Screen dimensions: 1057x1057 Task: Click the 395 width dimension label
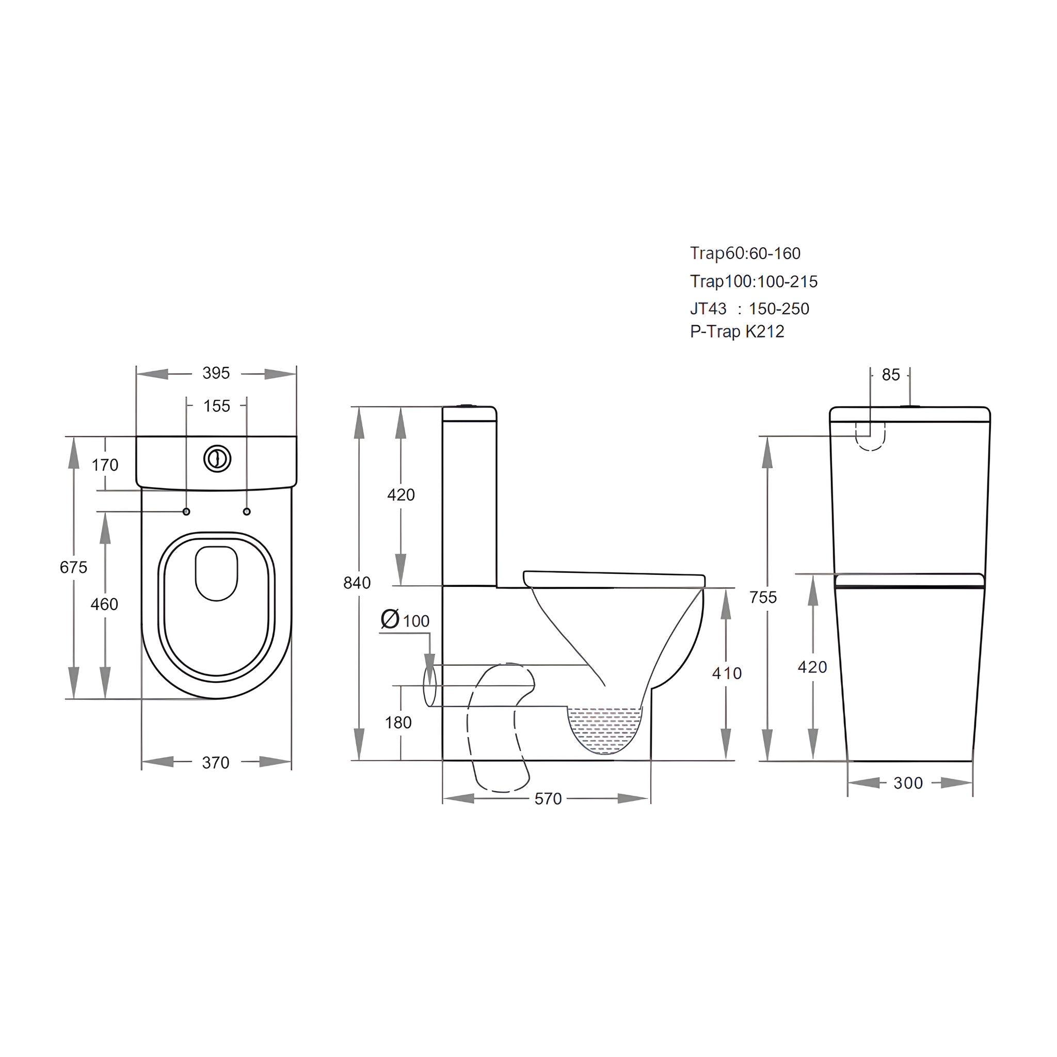coord(216,373)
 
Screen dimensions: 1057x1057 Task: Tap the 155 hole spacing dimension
coord(217,406)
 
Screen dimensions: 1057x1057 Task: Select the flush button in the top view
coord(218,458)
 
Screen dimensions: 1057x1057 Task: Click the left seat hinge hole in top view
coord(186,511)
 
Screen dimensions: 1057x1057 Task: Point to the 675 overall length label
coord(73,567)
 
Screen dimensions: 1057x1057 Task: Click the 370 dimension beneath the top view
coord(216,763)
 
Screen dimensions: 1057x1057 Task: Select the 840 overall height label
coord(357,583)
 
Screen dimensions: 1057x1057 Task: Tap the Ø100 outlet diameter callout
coord(405,620)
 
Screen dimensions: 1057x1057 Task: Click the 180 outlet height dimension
coord(398,723)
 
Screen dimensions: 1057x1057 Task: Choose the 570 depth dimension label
coord(548,799)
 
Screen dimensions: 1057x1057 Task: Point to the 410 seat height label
coord(727,673)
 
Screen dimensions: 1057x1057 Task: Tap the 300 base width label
coord(908,783)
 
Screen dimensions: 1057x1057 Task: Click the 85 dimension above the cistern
coord(891,375)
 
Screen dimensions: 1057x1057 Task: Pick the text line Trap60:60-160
coord(745,253)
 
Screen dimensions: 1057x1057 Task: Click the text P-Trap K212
coord(736,331)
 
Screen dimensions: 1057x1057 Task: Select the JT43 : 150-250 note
coord(749,309)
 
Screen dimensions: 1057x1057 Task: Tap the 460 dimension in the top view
coord(104,604)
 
